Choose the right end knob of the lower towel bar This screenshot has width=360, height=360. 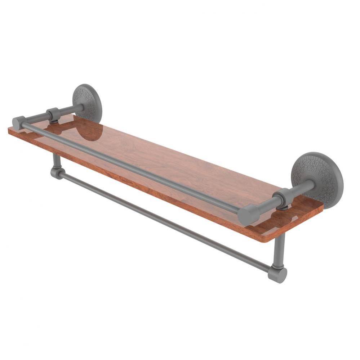tap(279, 274)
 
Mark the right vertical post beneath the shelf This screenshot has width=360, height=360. tap(279, 248)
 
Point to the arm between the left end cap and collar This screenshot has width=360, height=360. tap(36, 118)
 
